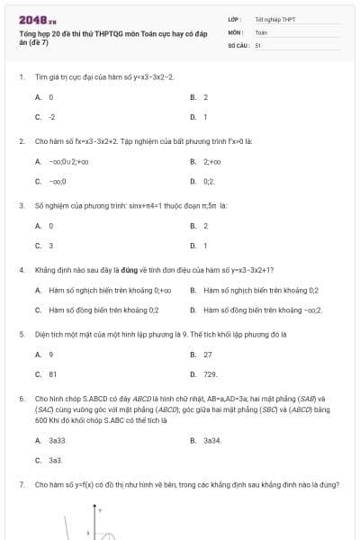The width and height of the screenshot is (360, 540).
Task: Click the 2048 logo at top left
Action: pos(31,20)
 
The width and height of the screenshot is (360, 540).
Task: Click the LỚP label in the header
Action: pos(236,18)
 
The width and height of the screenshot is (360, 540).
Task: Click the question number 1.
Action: pos(21,77)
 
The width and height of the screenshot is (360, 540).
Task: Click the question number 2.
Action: pos(21,141)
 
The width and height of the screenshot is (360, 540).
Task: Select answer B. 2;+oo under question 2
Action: pos(206,162)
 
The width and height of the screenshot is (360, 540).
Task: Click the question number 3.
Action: pos(21,206)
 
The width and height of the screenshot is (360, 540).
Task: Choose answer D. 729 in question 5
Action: pos(204,373)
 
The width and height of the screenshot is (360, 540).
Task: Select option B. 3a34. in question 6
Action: pos(207,440)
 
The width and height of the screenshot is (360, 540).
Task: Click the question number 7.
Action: pos(21,484)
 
